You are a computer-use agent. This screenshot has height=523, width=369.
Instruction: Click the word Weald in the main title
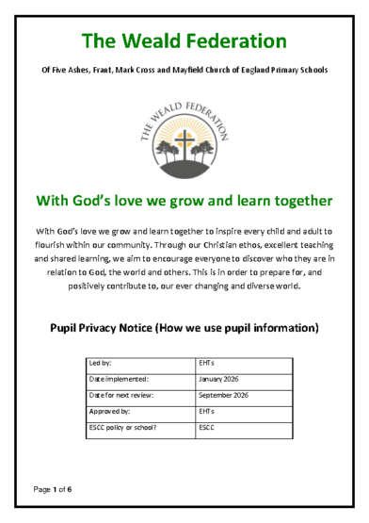click(x=159, y=41)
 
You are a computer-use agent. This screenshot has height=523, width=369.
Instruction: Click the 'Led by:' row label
click(x=99, y=361)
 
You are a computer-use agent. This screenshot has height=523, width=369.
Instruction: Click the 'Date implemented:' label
click(x=115, y=378)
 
